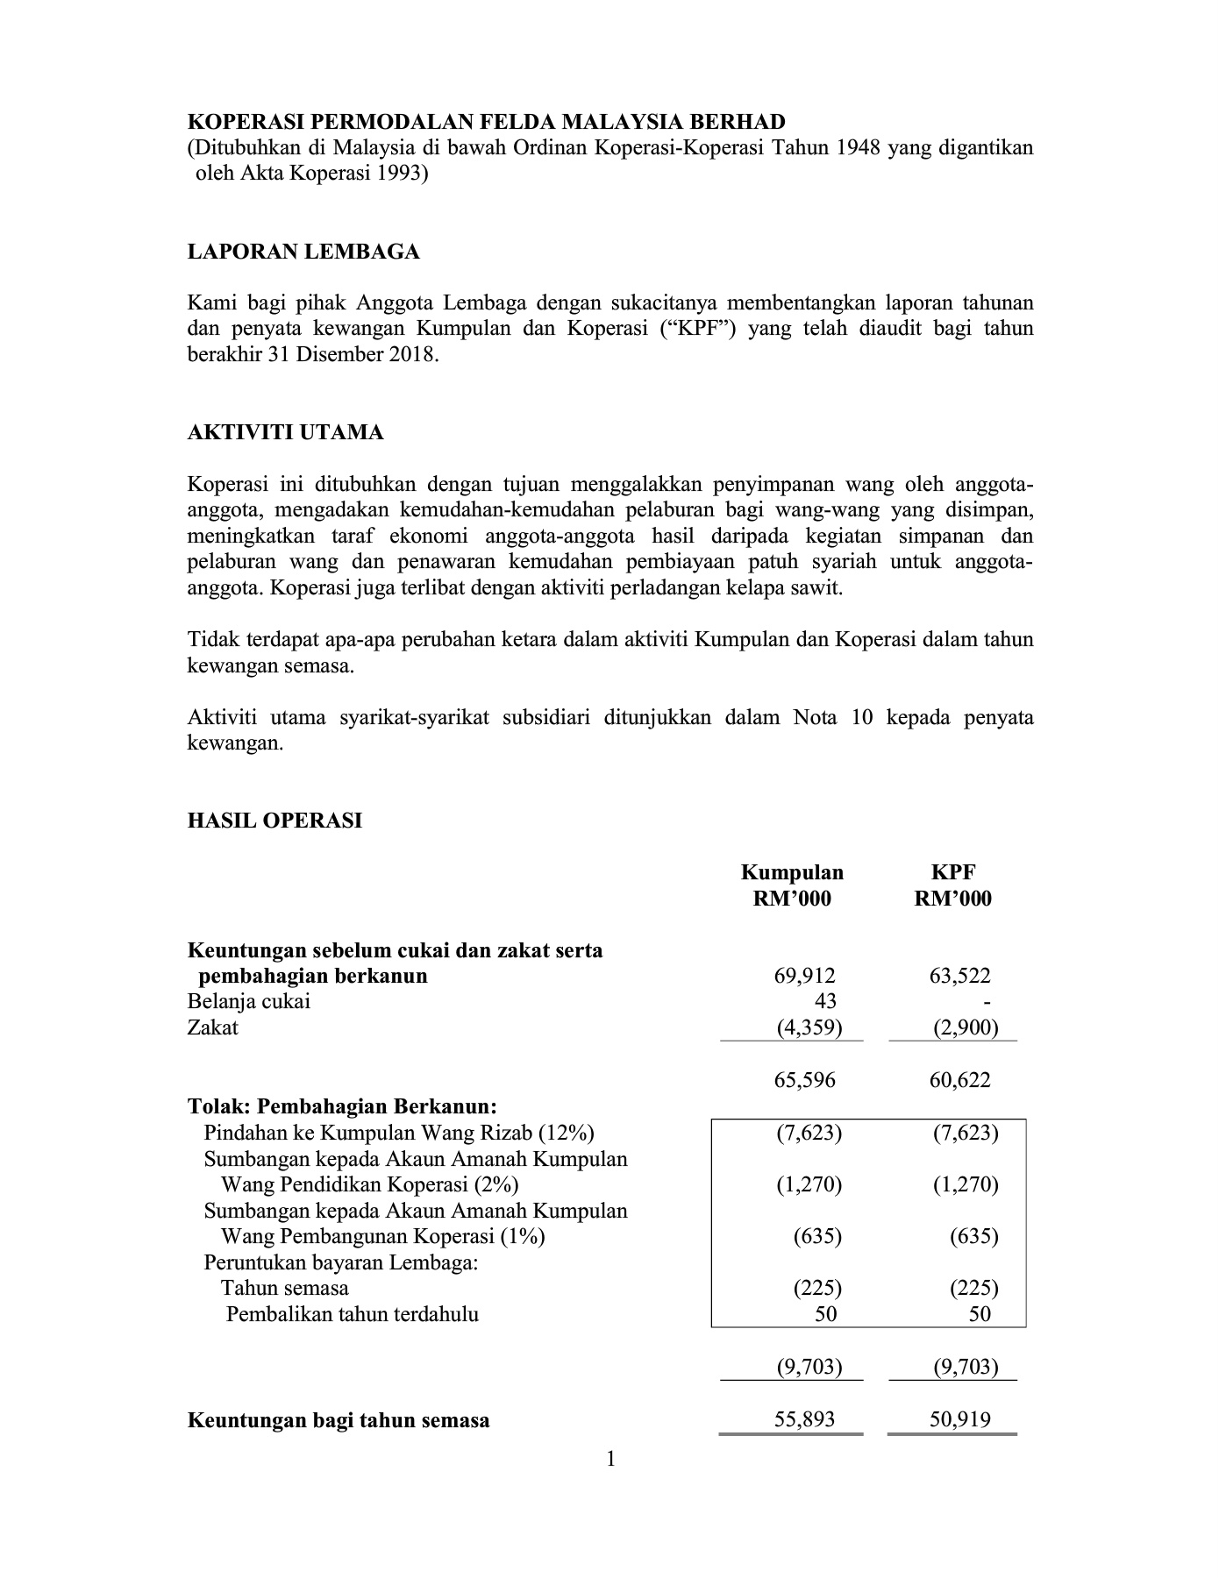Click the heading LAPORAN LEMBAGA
point(303,252)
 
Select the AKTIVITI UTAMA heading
point(286,432)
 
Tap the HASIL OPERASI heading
point(274,821)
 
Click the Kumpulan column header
point(792,872)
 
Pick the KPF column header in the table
point(952,872)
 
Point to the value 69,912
point(804,976)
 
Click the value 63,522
point(959,976)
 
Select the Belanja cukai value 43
point(825,1001)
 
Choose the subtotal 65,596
point(804,1079)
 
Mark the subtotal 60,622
point(959,1079)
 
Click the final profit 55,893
point(804,1419)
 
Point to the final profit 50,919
point(959,1419)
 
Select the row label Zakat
point(213,1027)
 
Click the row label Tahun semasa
point(284,1288)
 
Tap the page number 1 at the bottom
point(610,1460)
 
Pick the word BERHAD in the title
point(737,122)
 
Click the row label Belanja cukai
point(249,1001)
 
